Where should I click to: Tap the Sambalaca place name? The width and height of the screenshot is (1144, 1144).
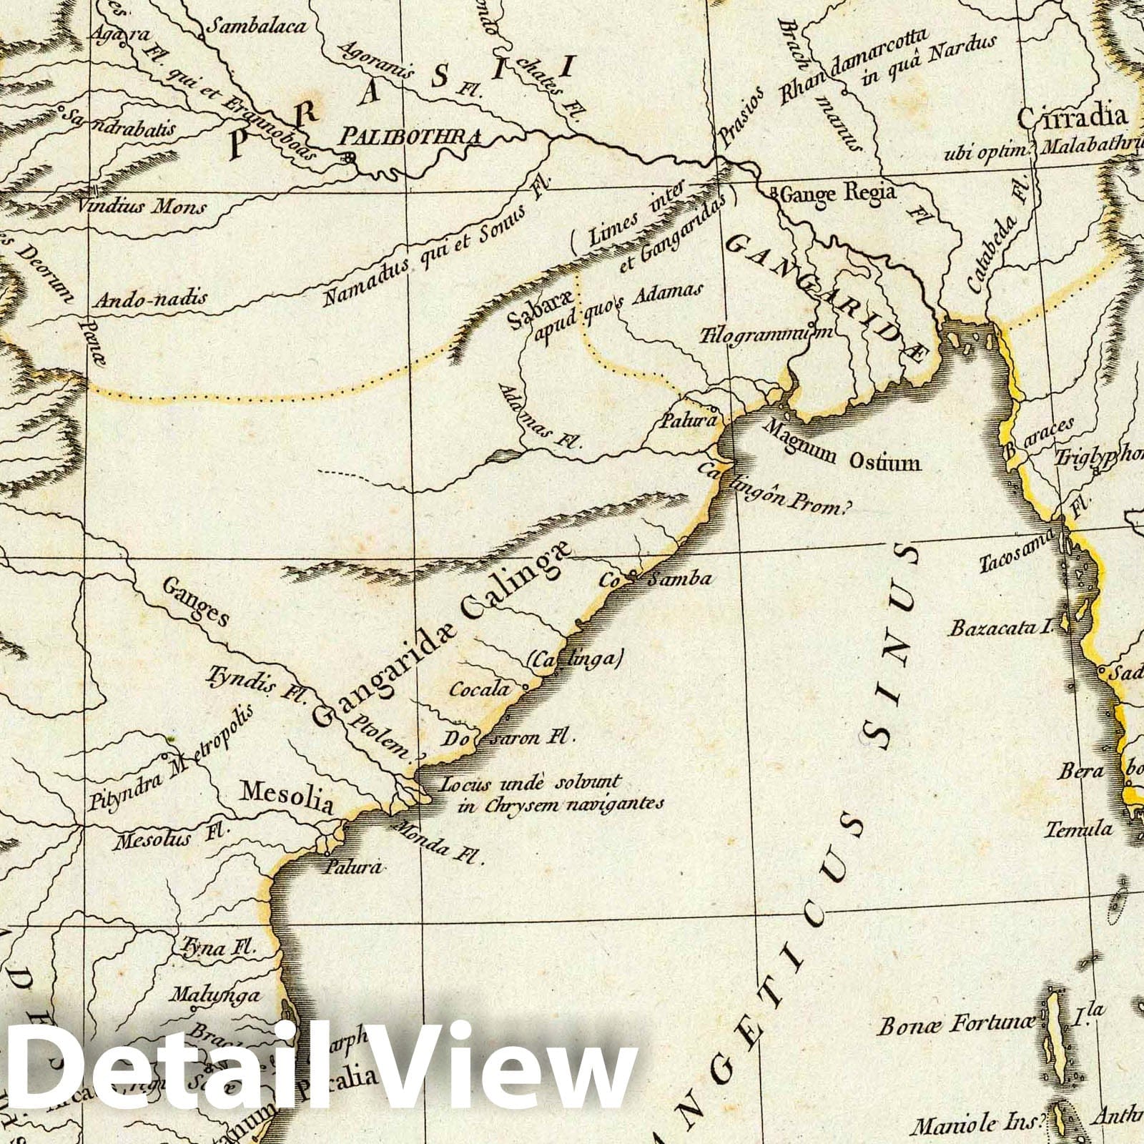coord(256,26)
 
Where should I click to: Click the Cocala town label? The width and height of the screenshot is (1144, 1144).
coord(480,689)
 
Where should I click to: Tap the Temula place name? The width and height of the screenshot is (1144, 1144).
coord(1079,829)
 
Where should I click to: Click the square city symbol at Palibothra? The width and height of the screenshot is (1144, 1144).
coord(348,158)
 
